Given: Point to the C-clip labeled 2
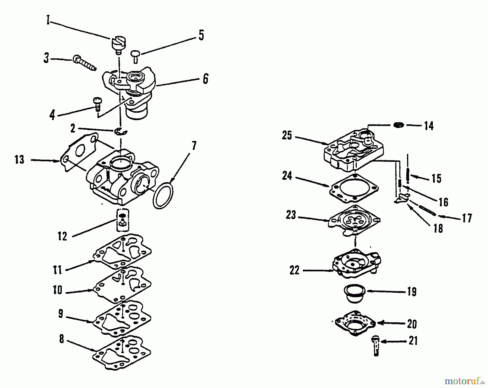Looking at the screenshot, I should (121, 131).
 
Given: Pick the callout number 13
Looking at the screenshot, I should (20, 160).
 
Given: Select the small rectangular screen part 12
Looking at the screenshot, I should (123, 220).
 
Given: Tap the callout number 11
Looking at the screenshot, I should (57, 270).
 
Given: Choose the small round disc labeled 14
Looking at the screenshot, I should (399, 125).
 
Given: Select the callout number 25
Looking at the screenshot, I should (287, 135).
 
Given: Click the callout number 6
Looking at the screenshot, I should (206, 79).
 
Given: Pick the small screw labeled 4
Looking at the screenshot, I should (97, 103).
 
